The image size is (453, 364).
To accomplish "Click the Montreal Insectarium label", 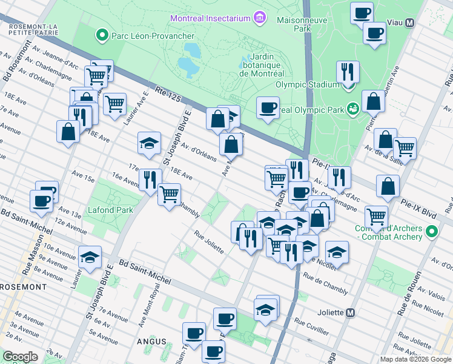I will pos(210,18).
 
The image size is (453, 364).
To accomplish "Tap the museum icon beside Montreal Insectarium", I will pos(260,18).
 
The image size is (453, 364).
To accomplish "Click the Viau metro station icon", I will pos(410,23).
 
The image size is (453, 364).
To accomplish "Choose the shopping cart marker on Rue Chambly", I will pos(169,194).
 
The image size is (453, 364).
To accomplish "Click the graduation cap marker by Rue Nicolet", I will pos(337,251).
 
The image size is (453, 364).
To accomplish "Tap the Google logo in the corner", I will pos(20,357).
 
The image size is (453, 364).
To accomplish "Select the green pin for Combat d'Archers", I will pos(431,232).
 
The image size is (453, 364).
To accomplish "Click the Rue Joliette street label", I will pos(209,242).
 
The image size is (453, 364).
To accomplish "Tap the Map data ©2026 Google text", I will pos(415,359).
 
